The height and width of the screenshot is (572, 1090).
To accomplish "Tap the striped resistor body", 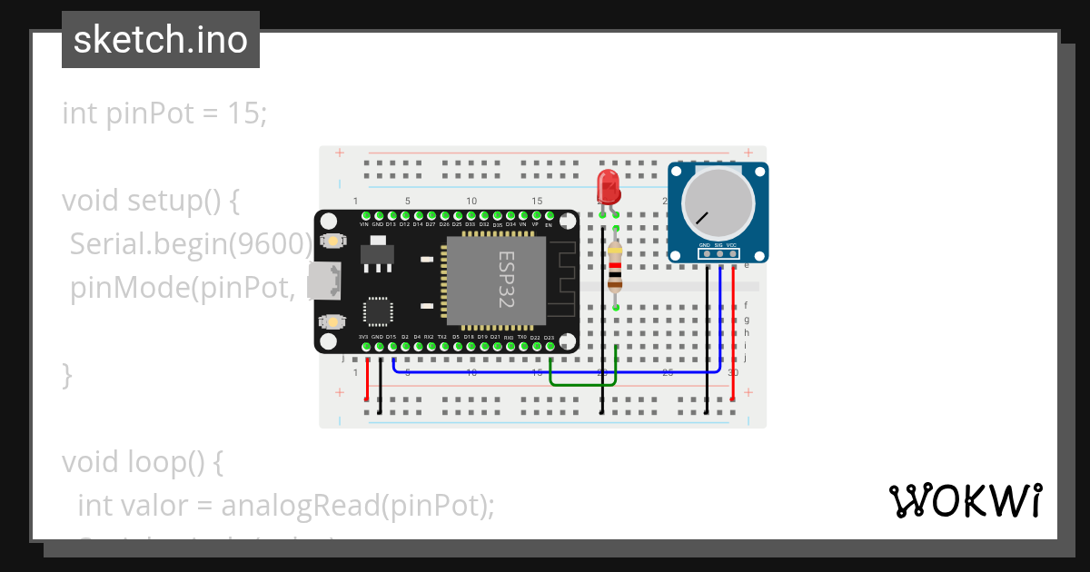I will [x=616, y=267].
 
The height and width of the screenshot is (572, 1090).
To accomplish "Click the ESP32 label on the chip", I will [x=506, y=278].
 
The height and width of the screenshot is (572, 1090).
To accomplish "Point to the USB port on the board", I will [x=319, y=281].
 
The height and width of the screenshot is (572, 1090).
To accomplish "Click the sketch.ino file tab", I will [x=161, y=40].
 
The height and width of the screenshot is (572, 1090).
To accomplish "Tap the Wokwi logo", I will [x=965, y=500].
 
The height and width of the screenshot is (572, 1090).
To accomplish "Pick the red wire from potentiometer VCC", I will [x=733, y=336].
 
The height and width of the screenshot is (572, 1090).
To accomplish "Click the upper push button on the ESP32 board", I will [x=334, y=242].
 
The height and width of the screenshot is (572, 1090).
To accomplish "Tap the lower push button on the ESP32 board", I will [x=334, y=321].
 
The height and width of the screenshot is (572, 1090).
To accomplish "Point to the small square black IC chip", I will [x=377, y=311].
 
